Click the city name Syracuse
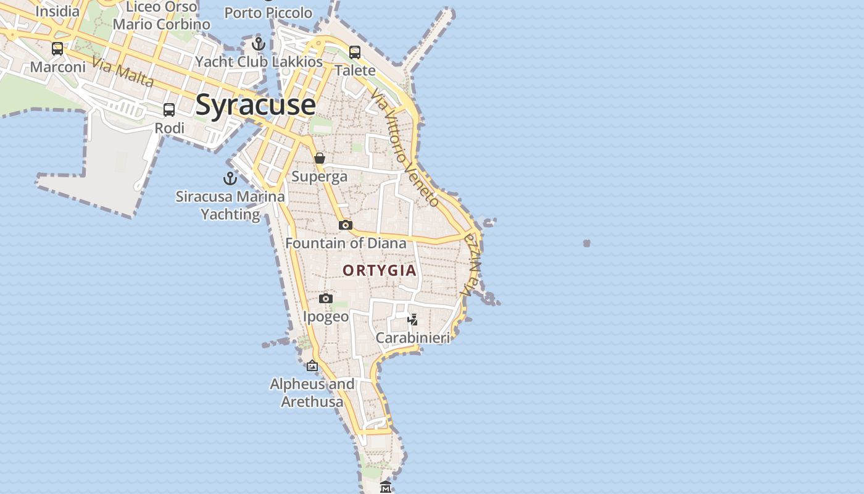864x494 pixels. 255,105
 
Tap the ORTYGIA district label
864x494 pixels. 380,270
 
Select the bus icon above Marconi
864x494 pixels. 57,48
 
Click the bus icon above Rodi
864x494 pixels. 169,110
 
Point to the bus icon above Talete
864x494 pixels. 355,52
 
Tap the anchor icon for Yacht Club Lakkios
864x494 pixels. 259,44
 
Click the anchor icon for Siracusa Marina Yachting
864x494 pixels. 230,178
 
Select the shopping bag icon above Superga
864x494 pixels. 320,158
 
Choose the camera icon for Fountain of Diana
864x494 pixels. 346,225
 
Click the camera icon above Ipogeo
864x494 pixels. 326,299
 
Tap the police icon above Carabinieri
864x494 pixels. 413,319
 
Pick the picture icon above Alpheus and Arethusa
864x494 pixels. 312,366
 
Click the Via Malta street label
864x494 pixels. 123,71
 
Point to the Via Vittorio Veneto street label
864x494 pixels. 405,147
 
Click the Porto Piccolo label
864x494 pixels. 268,12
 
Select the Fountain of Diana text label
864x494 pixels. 346,243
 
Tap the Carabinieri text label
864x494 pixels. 413,338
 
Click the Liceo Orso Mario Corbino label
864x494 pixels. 162,16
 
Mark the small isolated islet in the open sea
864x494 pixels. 586,243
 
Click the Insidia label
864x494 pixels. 57,11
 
